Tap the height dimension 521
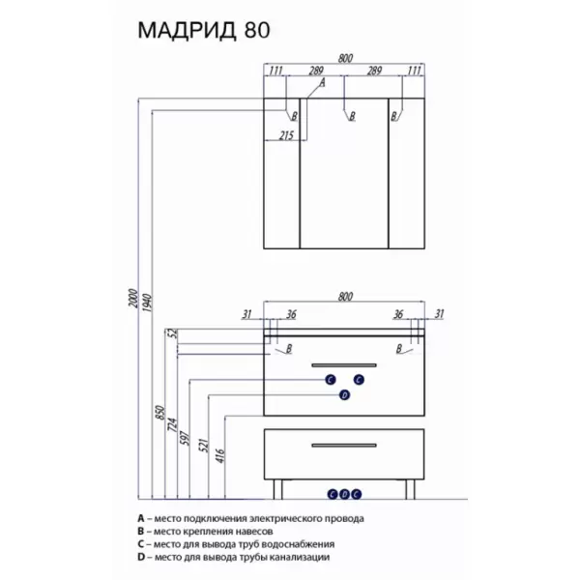point(206,446)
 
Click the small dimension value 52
point(174,333)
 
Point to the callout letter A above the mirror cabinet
point(322,84)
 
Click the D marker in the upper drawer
point(342,395)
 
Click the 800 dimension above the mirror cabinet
point(345,59)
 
